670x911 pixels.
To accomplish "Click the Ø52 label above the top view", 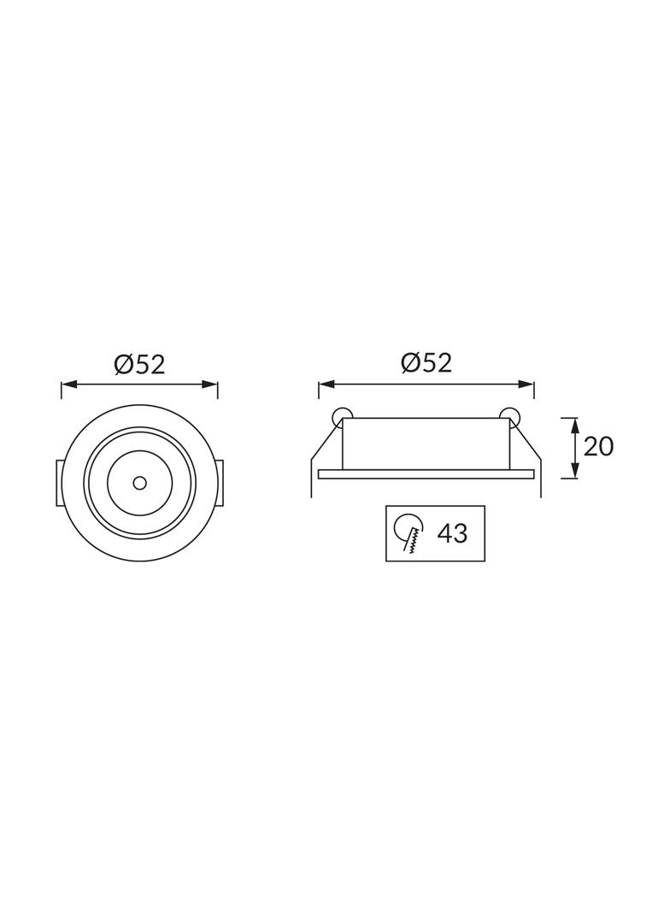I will click(139, 365).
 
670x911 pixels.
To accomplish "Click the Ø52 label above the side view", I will click(426, 363).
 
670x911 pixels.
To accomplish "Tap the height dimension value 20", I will click(598, 446).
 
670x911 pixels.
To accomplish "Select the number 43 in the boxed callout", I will click(452, 534).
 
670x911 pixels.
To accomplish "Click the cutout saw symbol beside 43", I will click(408, 533).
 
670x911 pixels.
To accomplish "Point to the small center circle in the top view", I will click(139, 483).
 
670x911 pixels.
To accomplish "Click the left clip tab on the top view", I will click(60, 483).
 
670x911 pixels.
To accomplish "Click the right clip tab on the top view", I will click(220, 483).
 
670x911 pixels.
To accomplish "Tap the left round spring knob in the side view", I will click(341, 415).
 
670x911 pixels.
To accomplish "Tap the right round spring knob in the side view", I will click(511, 415).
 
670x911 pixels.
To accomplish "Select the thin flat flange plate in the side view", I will click(426, 473).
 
